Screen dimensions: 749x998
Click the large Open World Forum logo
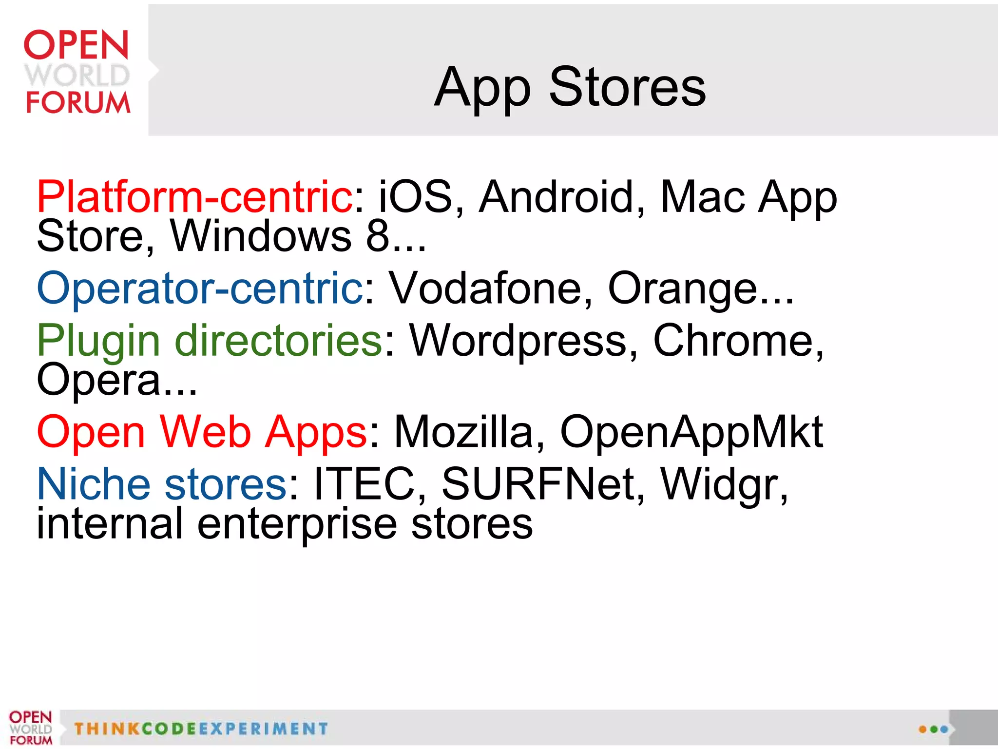click(x=77, y=72)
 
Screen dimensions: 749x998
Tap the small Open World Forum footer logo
click(x=30, y=728)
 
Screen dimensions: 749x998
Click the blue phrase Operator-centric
click(x=200, y=288)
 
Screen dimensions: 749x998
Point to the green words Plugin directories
click(x=210, y=341)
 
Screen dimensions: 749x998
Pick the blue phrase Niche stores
click(x=162, y=484)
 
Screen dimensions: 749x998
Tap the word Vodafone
click(x=487, y=288)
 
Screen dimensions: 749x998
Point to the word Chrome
click(x=733, y=341)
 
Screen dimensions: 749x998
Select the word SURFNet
click(x=538, y=484)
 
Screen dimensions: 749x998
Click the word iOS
click(x=416, y=197)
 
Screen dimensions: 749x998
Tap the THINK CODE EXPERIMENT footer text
click(x=201, y=729)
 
